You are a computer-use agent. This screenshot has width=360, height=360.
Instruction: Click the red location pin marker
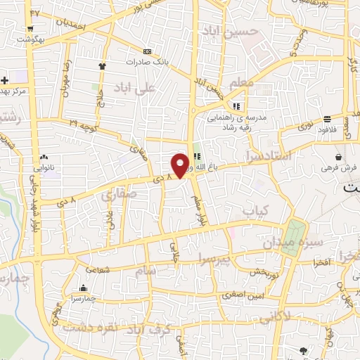click(181, 165)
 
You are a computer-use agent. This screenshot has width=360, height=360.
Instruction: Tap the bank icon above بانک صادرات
click(146, 51)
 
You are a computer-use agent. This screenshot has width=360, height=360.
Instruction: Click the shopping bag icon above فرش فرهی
click(339, 157)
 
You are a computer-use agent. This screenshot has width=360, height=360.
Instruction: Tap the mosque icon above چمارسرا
click(84, 288)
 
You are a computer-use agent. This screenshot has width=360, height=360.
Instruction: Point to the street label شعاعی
click(98, 268)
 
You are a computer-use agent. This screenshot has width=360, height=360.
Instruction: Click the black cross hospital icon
click(5, 80)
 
